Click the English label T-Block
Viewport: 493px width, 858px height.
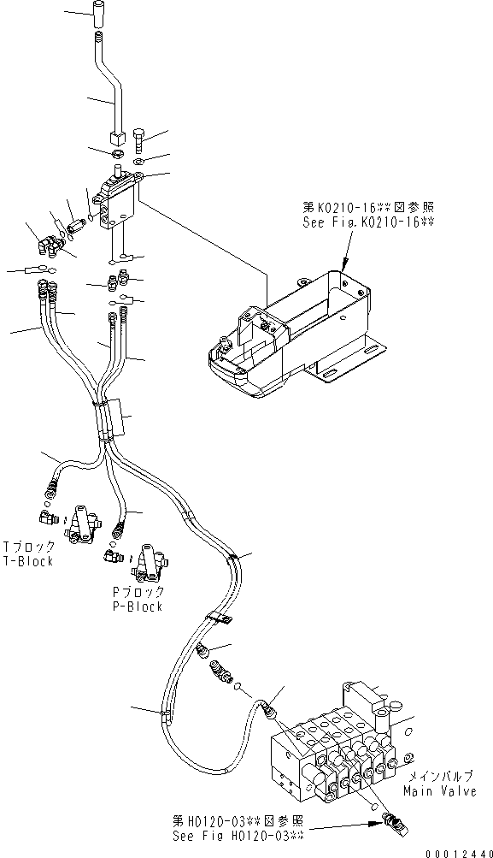[28, 561]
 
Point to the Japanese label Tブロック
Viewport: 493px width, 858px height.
[29, 547]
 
